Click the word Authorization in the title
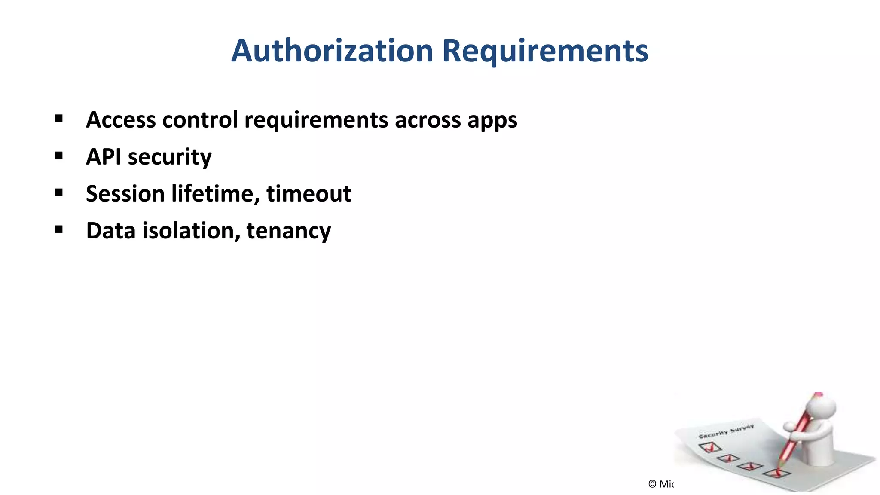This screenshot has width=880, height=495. point(332,51)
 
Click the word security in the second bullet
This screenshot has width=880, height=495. point(170,157)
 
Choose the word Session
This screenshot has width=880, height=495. point(125,193)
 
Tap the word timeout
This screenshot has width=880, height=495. point(309,193)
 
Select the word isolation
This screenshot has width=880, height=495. point(191,230)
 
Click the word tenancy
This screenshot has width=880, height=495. point(289,231)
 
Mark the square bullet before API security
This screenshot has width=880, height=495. point(59,156)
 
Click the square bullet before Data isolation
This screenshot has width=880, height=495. point(59,229)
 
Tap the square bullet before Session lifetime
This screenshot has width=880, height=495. point(59,192)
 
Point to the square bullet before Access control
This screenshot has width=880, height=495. point(59,119)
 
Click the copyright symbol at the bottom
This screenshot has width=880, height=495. point(652,484)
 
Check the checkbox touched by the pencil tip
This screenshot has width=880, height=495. point(777,474)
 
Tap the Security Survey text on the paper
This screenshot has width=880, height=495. point(726,431)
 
